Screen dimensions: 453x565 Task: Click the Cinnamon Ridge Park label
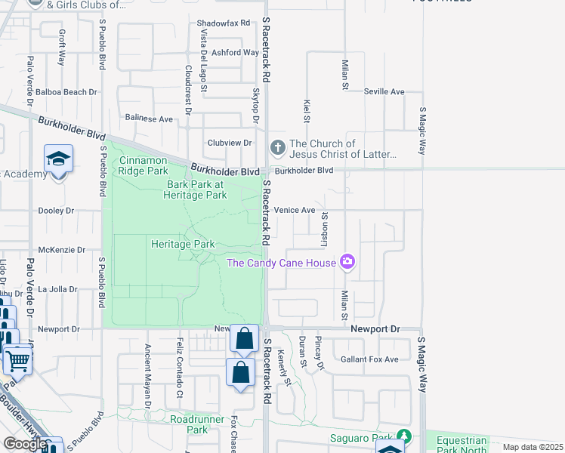pos(144,165)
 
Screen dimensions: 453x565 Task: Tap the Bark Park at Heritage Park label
pos(196,190)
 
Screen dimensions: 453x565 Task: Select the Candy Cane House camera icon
pos(347,262)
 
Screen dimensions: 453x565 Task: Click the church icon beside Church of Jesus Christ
pos(277,147)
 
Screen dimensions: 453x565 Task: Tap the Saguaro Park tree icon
pos(405,436)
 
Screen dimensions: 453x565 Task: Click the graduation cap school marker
pos(58,159)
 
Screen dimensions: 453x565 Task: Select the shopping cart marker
pos(17,360)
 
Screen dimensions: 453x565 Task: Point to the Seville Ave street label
pos(384,91)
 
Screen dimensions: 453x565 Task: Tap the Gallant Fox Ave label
pos(369,359)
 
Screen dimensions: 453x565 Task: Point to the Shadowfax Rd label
pos(223,23)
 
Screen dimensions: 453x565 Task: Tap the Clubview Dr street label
pos(230,143)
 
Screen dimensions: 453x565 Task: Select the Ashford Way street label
pos(236,53)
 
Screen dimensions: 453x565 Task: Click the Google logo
pos(24,444)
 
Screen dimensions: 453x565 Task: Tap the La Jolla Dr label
pos(58,289)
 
